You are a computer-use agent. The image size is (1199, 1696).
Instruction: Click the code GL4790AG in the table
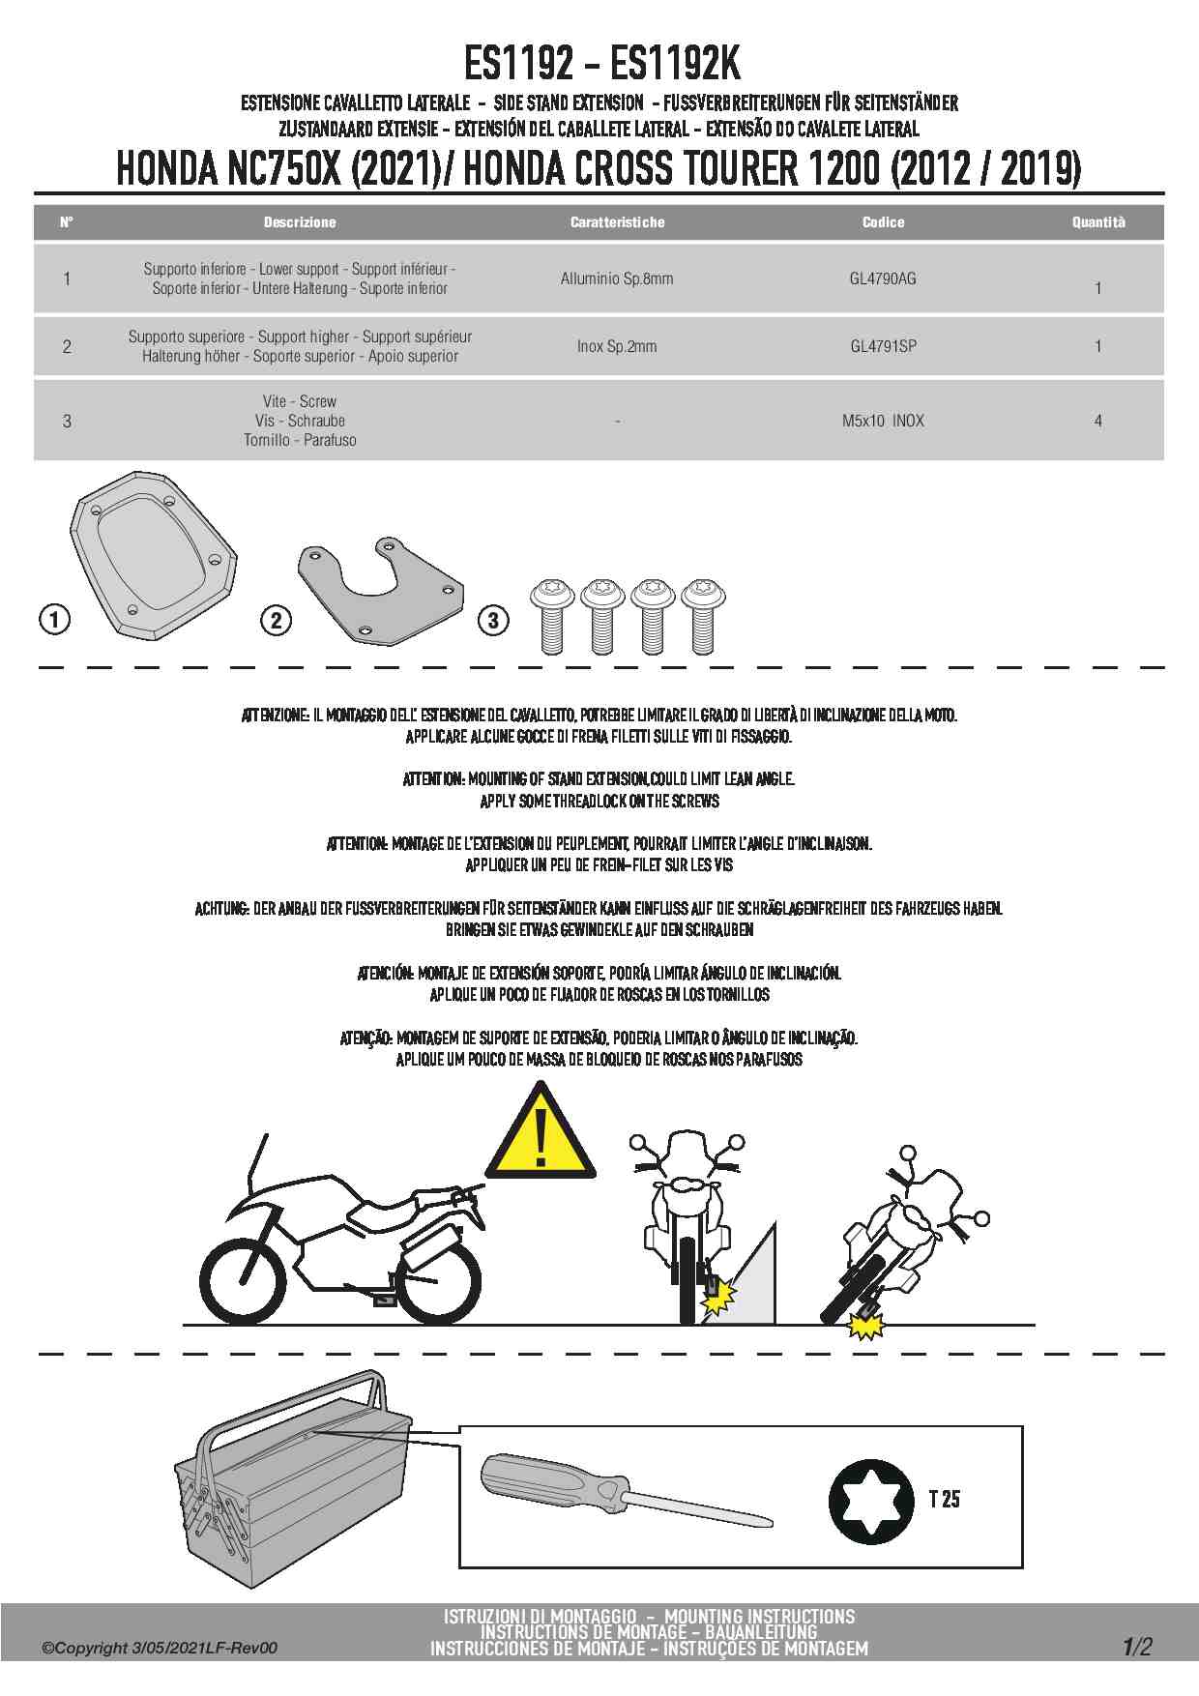point(882,278)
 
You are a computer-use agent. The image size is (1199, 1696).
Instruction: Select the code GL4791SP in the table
point(883,346)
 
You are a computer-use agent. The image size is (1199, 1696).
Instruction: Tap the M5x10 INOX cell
point(883,421)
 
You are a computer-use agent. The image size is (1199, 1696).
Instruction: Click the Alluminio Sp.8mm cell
point(616,278)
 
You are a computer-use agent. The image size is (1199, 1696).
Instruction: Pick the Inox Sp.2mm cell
point(616,346)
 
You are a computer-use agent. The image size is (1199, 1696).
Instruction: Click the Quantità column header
point(1097,222)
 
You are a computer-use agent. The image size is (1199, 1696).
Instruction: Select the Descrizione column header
point(300,222)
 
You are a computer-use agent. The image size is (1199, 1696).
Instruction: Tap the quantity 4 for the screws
point(1097,421)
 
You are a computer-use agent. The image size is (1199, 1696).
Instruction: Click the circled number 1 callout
point(55,619)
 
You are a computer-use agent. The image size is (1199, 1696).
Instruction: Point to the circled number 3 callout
point(493,620)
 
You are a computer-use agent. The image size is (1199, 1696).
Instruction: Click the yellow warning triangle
point(540,1133)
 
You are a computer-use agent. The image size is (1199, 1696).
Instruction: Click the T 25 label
point(944,1499)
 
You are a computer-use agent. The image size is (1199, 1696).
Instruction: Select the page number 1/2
point(1137,1647)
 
